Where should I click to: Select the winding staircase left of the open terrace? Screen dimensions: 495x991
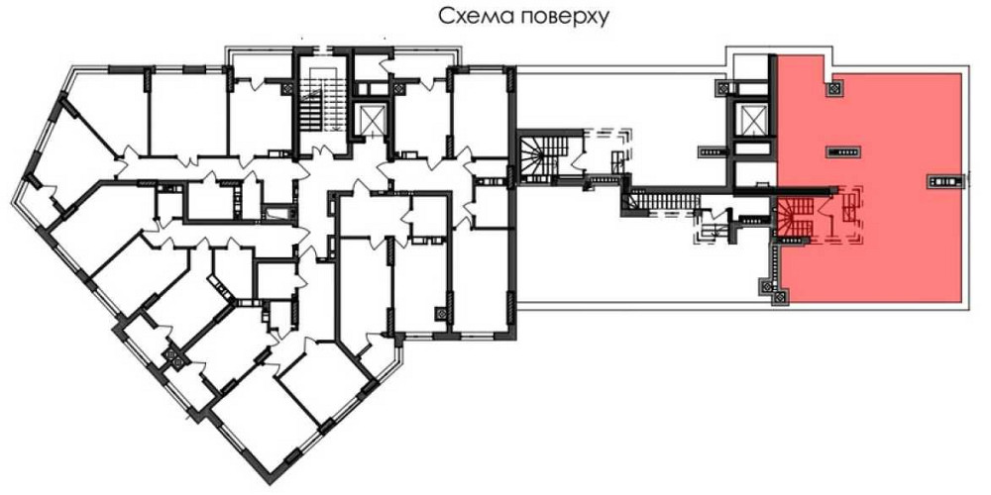point(540,153)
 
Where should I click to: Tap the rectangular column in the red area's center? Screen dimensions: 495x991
point(845,150)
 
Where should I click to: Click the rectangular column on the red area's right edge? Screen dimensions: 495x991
point(945,179)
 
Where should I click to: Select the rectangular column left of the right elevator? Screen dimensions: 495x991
point(712,150)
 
